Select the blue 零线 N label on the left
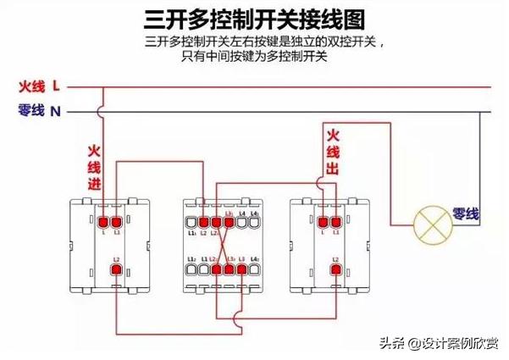point(39,110)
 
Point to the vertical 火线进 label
point(94,167)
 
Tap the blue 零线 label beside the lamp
point(466,214)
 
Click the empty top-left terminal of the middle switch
point(191,220)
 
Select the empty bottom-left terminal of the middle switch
point(191,269)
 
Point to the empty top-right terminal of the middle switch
point(254,220)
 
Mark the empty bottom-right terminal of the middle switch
point(254,269)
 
